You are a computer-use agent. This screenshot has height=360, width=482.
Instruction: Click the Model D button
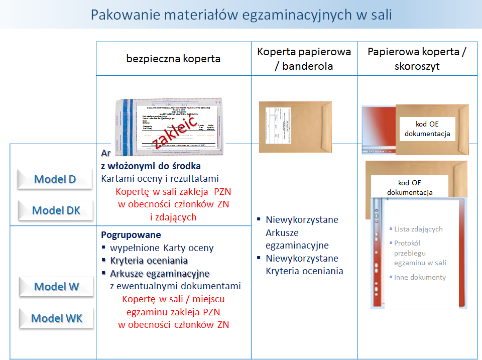coord(55,179)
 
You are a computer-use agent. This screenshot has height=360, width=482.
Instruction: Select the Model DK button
coord(56,210)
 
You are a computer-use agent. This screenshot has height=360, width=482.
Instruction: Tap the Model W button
coord(56,287)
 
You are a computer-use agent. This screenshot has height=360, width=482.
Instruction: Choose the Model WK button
coord(56,318)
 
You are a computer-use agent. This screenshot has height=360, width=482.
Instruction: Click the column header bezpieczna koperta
coord(173,59)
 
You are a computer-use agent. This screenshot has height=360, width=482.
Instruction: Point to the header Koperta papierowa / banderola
coord(304,59)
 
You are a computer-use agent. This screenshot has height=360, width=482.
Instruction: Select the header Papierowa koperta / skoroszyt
coord(417,59)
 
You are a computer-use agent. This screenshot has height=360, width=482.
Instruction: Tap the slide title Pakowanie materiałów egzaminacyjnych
coord(241,15)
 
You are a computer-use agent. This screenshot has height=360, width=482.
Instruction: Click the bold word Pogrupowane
coord(131,234)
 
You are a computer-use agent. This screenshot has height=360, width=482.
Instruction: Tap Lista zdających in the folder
coord(418,229)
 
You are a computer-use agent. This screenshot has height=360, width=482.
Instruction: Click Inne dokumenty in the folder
coord(420,277)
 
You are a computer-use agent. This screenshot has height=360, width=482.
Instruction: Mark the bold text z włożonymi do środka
coord(151,166)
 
